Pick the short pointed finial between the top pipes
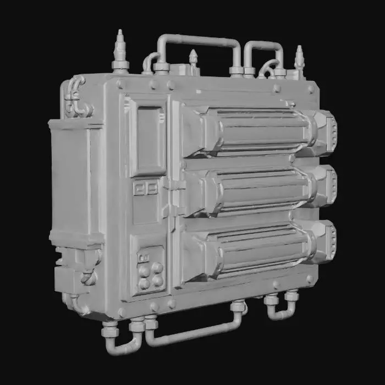tap(193, 58)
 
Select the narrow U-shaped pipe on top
tap(263, 46)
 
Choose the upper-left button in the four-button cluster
tap(145, 270)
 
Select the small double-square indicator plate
tap(145, 189)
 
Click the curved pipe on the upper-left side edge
tap(75, 96)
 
